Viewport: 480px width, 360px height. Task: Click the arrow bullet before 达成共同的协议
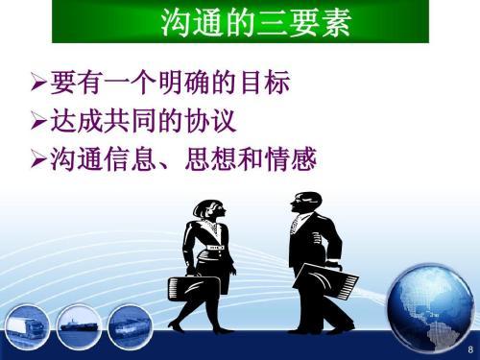click(x=38, y=124)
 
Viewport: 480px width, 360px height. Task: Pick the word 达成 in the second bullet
click(x=72, y=124)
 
